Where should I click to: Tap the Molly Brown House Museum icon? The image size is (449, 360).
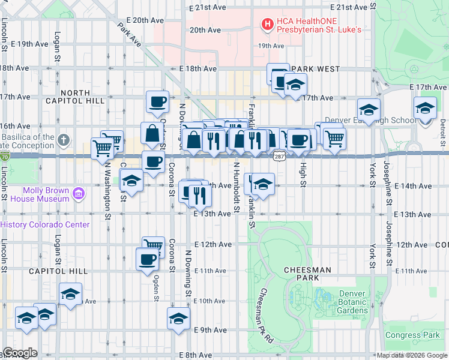[78, 193]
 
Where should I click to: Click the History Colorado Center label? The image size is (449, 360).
[45, 225]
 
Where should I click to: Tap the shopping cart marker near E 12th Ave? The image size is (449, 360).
[154, 246]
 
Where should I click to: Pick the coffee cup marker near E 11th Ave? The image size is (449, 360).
[148, 260]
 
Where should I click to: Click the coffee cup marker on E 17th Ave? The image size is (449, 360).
[157, 101]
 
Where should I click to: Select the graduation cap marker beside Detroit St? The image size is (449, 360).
[425, 109]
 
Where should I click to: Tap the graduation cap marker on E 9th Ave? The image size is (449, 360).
[178, 318]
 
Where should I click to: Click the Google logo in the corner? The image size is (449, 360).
[20, 353]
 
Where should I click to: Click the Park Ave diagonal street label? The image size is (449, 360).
[130, 35]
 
